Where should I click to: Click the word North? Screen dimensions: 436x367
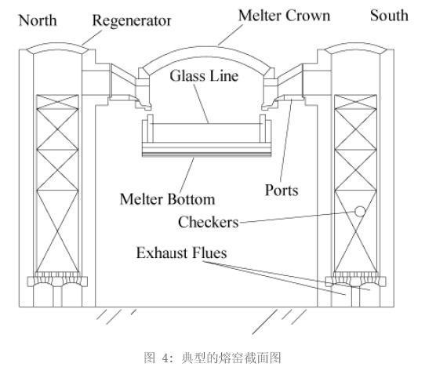pos(38,20)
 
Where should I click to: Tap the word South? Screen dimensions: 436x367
pos(389,16)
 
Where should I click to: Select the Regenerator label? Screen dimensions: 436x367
pos(132,21)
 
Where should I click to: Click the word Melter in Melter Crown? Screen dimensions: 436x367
pos(260,16)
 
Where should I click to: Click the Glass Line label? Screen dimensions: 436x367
pos(204,76)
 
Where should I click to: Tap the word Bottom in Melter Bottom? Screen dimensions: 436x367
pos(191,199)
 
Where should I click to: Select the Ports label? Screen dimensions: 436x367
pos(282,191)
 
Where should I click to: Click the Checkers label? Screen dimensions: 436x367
pos(209,222)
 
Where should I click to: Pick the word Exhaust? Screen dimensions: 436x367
pos(162,253)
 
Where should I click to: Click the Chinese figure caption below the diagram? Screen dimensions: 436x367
pos(213,358)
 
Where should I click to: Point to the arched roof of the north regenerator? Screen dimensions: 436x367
pos(57,45)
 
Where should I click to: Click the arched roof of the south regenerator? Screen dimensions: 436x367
pos(356,45)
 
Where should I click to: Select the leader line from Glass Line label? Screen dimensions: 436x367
pos(201,104)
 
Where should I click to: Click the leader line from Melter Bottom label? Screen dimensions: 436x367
pos(187,175)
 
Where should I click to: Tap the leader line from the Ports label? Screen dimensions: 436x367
pos(286,141)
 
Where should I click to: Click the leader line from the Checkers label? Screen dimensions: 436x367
pos(297,217)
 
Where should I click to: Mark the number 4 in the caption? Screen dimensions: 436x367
pos(165,358)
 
